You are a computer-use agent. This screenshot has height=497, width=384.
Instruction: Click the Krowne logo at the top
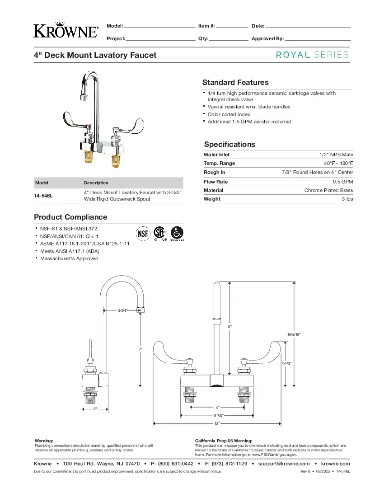[x=66, y=29]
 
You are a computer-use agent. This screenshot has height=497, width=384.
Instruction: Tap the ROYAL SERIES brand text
[x=312, y=55]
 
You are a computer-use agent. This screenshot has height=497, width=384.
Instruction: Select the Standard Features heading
[x=235, y=82]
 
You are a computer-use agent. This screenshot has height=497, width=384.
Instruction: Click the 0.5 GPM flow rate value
[x=343, y=182]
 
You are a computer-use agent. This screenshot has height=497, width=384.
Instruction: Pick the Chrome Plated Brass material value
[x=328, y=190]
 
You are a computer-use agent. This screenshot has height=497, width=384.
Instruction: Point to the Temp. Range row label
[x=219, y=163]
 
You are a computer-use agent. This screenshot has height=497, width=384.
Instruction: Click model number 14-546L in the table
[x=43, y=196]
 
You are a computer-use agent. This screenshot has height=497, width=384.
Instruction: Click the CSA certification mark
[x=159, y=233]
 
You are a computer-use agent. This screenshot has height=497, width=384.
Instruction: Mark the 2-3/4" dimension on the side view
[x=123, y=310]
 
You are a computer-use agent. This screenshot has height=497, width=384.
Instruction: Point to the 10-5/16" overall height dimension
[x=294, y=334]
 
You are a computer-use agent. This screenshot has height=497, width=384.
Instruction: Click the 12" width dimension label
[x=217, y=423]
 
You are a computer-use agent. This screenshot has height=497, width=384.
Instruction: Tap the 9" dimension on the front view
[x=230, y=326]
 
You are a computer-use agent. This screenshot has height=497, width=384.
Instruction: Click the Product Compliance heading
[x=70, y=217]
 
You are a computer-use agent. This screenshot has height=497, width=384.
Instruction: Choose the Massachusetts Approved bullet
[x=69, y=258]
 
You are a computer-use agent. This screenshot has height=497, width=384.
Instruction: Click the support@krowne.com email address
[x=284, y=464]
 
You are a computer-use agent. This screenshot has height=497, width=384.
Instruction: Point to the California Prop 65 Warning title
[x=224, y=441]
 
